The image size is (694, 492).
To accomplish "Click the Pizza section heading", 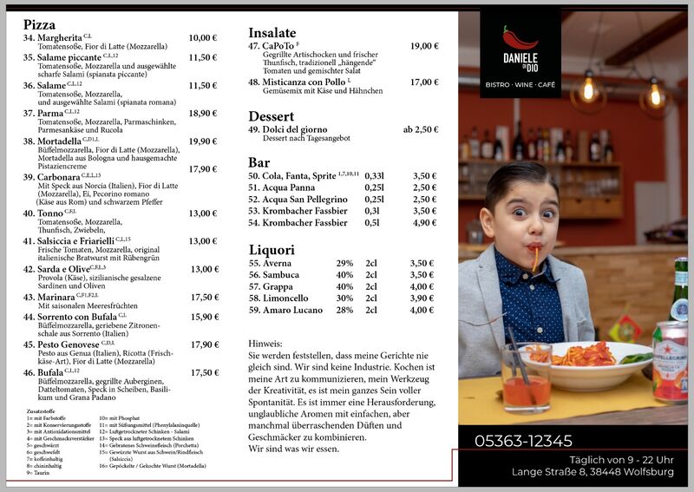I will pyautogui.click(x=40, y=25).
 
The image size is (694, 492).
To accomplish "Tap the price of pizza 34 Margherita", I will pyautogui.click(x=202, y=38).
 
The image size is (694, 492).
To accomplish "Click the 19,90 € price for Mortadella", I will pyautogui.click(x=202, y=141).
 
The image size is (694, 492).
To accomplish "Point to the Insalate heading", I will pyautogui.click(x=272, y=32).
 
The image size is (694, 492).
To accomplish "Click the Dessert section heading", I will pyautogui.click(x=271, y=116).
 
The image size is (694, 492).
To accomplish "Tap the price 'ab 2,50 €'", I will pyautogui.click(x=420, y=129).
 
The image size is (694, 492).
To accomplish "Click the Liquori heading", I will pyautogui.click(x=272, y=250).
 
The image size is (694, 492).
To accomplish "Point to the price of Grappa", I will pyautogui.click(x=422, y=286).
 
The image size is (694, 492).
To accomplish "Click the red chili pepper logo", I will pyautogui.click(x=519, y=38).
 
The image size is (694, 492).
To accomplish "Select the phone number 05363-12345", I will pyautogui.click(x=523, y=441).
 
